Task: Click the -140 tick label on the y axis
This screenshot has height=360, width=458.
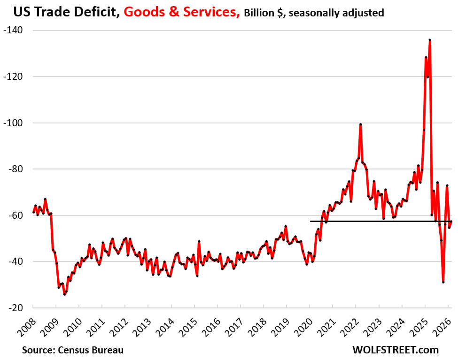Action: pos(17,31)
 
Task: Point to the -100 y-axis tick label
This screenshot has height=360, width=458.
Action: pos(17,123)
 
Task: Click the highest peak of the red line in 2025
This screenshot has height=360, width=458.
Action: pos(430,40)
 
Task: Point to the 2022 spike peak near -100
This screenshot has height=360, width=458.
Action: pos(360,124)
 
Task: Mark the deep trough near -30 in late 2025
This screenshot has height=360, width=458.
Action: pos(443,282)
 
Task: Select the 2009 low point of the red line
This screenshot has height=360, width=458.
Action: pos(64,294)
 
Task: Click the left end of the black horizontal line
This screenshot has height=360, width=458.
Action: pos(310,221)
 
